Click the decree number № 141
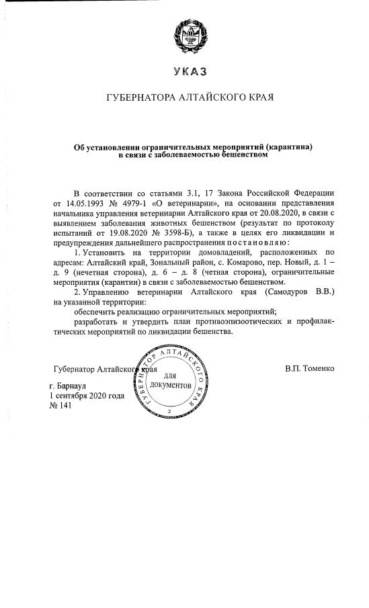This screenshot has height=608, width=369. tap(60, 406)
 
